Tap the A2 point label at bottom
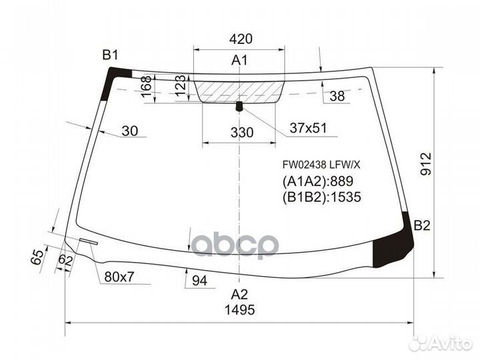pos(239,294)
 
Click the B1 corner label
pos(110,55)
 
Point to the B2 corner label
pos(423,226)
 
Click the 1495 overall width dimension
pos(239,310)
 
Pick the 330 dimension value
pos(241,133)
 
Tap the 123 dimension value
pos(180,87)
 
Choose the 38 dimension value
pos(337,97)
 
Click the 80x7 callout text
pos(119,276)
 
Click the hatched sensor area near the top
pos(241,90)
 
